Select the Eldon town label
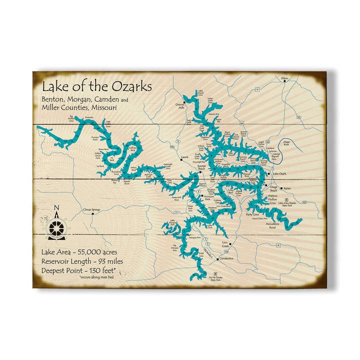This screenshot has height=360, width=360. [285, 78]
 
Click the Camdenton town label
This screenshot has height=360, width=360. [225, 258]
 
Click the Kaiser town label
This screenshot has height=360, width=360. [286, 188]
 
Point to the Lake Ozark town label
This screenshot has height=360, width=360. [279, 173]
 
